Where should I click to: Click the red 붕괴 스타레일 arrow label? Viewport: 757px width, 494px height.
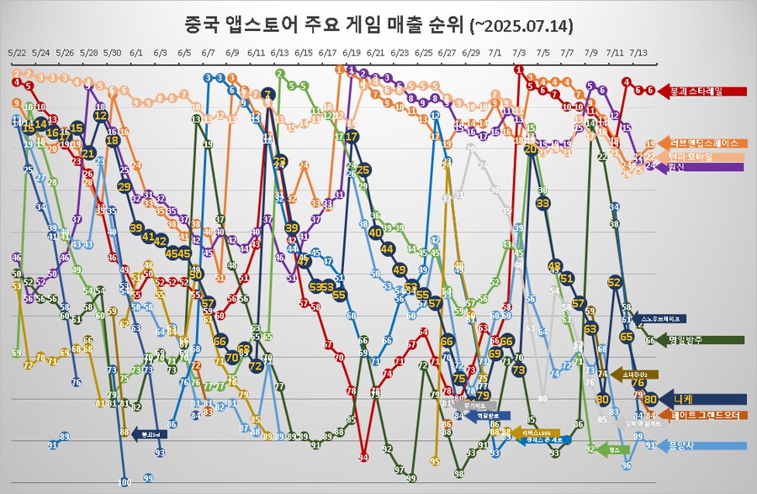pos(702,90)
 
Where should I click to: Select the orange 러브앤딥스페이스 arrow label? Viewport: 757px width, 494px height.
pos(702,143)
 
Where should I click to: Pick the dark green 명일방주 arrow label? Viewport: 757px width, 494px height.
pos(702,340)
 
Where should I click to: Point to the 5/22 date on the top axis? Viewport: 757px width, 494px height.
pos(17,52)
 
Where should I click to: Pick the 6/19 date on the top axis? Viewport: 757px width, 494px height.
pos(352,52)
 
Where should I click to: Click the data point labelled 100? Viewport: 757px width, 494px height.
pos(124,482)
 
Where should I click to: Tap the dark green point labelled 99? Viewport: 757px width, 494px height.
pos(411,477)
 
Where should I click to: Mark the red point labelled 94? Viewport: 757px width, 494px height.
pos(363,457)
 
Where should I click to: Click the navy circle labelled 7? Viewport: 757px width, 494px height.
pos(268,93)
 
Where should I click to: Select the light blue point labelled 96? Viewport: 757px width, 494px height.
pos(626,465)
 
